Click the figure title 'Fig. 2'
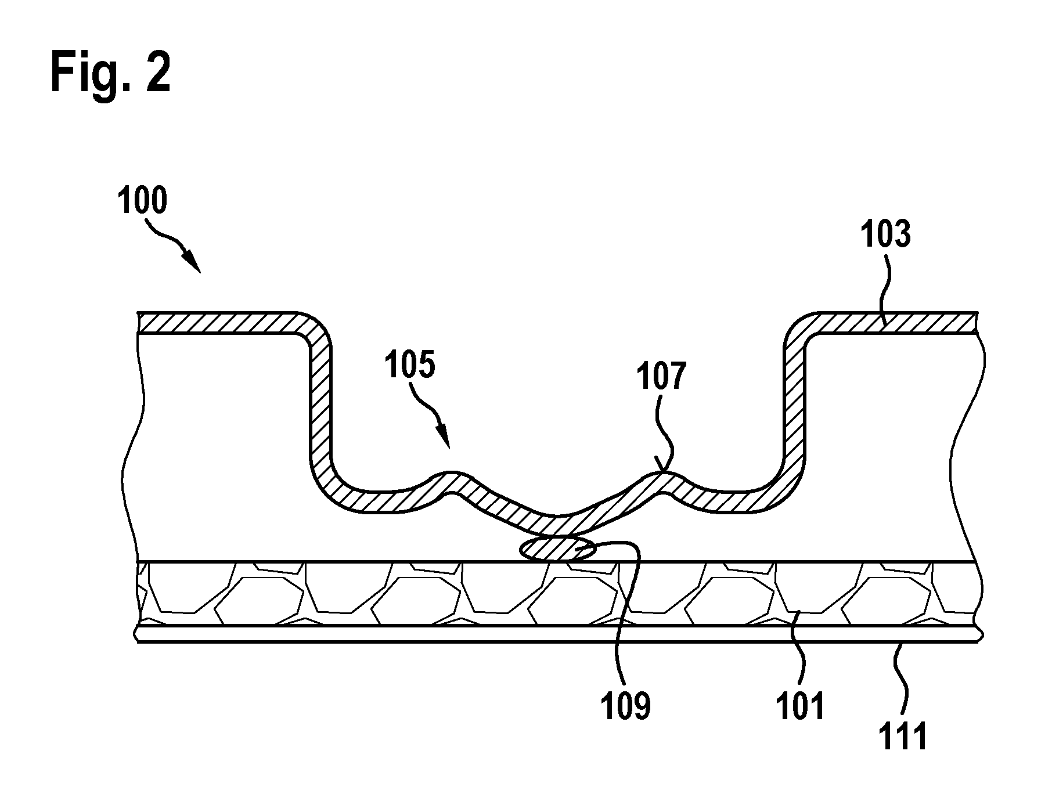click(x=111, y=73)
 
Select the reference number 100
click(x=142, y=201)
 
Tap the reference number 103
click(x=885, y=234)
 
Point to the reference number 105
click(x=409, y=366)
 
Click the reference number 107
click(x=661, y=376)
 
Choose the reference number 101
click(x=800, y=706)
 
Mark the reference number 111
click(x=902, y=737)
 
